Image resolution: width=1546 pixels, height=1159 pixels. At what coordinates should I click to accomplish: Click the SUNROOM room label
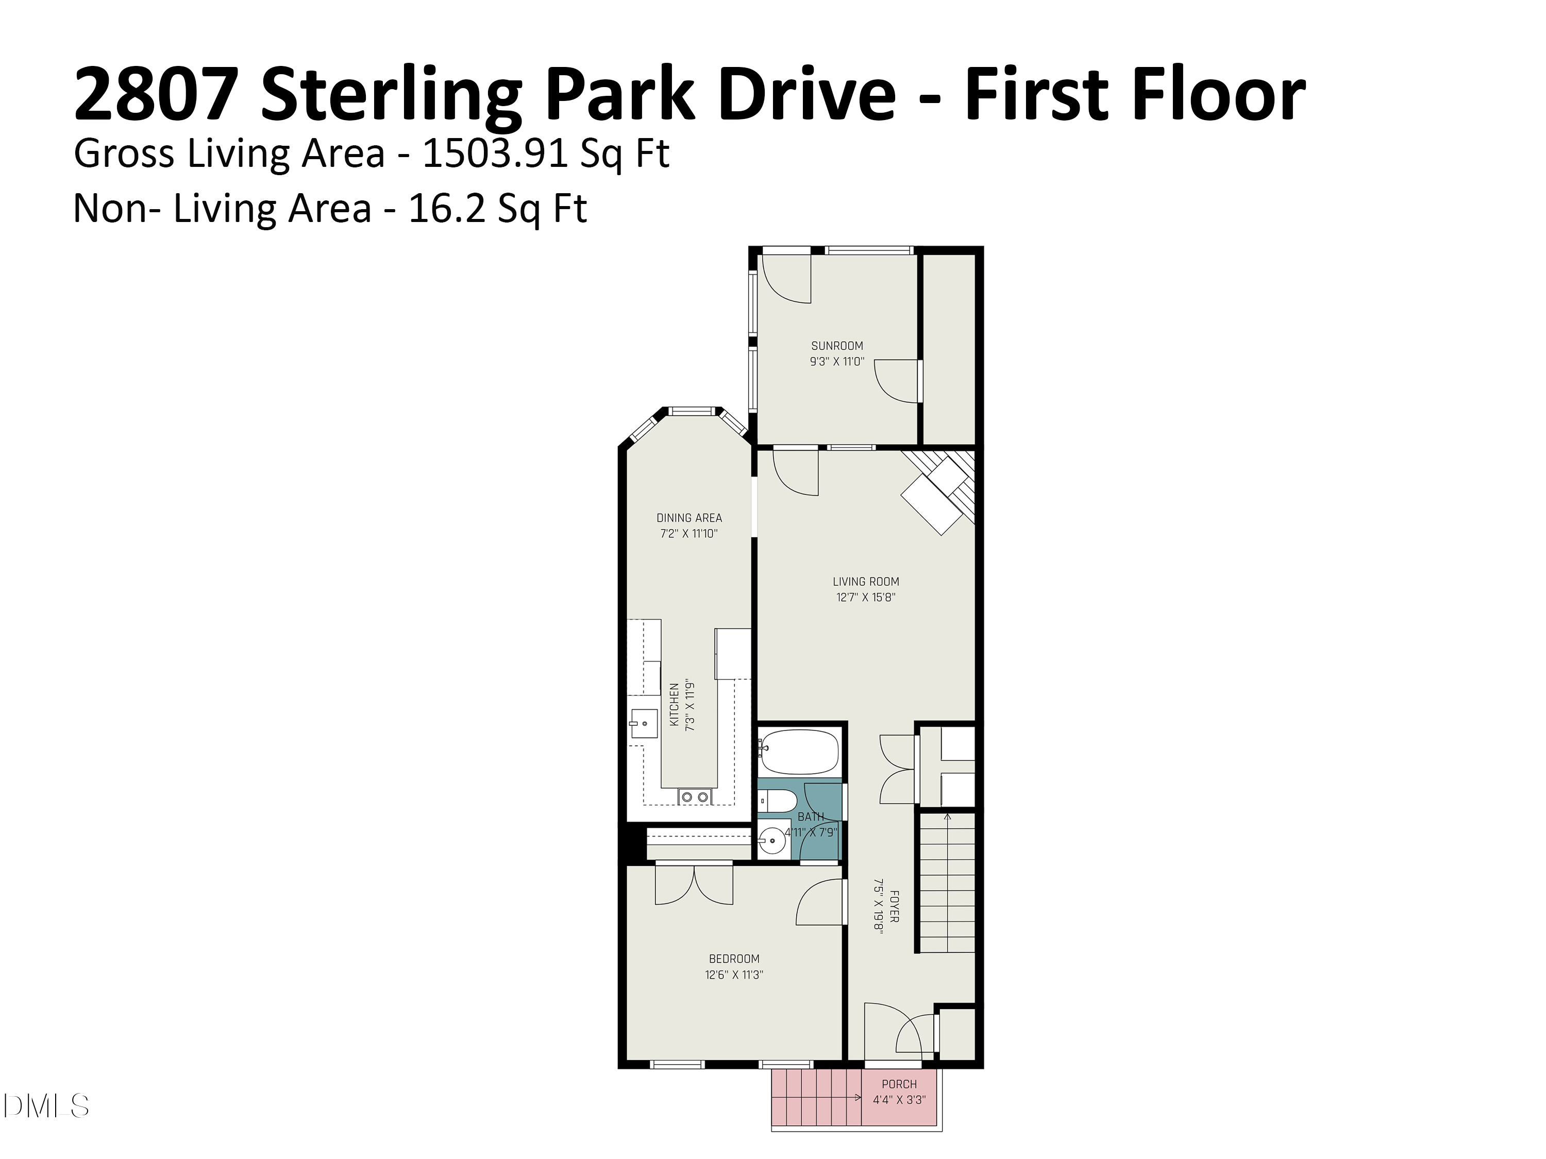point(836,346)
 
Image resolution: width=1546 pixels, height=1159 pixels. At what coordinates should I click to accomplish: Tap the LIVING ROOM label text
point(866,581)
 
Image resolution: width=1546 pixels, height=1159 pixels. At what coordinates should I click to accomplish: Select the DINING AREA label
point(689,518)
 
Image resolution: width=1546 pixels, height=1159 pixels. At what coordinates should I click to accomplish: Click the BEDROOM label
point(734,959)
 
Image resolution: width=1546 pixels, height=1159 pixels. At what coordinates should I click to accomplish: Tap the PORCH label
point(899,1084)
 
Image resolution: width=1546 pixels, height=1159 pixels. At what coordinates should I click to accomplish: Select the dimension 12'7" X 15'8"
point(866,598)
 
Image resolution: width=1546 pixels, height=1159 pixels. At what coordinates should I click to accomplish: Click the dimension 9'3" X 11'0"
point(836,362)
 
